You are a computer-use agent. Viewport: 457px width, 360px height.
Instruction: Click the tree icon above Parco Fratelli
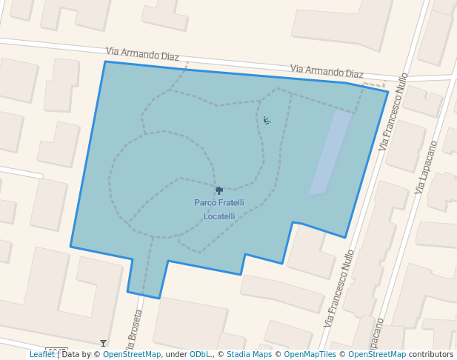click(x=219, y=190)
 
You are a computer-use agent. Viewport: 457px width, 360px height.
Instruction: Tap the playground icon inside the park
click(x=267, y=120)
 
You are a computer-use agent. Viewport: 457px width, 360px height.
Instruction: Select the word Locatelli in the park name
click(x=219, y=216)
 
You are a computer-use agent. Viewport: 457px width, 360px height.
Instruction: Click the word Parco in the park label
click(x=206, y=202)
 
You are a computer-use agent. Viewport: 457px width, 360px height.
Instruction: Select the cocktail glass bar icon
click(x=103, y=343)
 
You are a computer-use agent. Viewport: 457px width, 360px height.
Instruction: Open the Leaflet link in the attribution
click(x=42, y=354)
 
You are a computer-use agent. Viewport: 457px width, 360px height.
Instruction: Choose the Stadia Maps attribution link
click(x=249, y=354)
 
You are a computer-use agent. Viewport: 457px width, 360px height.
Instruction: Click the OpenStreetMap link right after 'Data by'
click(x=132, y=354)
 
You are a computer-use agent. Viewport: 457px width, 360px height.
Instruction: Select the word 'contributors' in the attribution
click(x=431, y=354)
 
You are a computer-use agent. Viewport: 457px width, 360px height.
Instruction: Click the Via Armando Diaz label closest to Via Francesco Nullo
click(x=327, y=71)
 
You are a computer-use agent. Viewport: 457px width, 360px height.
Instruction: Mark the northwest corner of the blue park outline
click(x=105, y=61)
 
